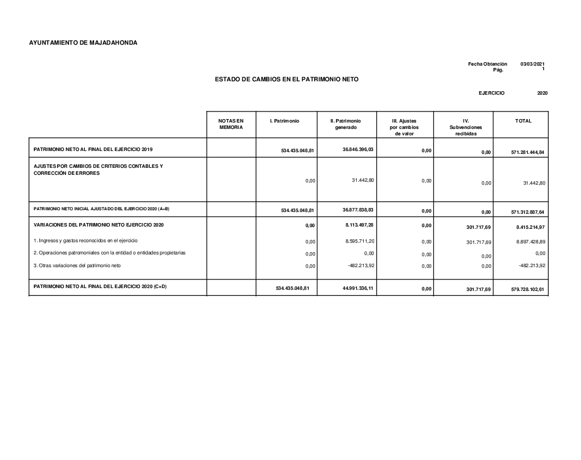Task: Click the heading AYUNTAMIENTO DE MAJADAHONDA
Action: click(83, 42)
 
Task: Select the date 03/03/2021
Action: click(532, 64)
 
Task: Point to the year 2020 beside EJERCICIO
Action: click(542, 93)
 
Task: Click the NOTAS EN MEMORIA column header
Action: click(231, 124)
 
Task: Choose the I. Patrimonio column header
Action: click(285, 121)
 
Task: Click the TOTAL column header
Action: click(523, 121)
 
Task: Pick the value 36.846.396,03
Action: click(358, 149)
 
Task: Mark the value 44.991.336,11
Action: click(358, 287)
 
